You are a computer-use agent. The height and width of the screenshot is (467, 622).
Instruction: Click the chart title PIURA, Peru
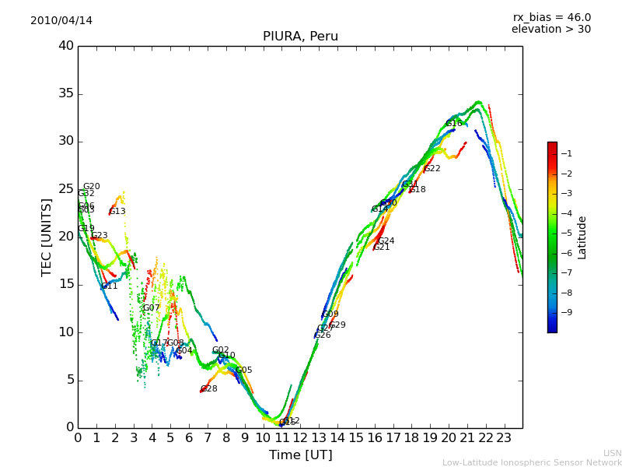click(x=300, y=37)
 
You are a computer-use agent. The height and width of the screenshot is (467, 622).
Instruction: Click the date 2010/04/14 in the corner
click(x=61, y=20)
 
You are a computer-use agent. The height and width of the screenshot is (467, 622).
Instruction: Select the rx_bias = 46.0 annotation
click(x=551, y=17)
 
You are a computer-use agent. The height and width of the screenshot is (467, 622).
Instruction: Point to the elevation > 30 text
click(x=550, y=30)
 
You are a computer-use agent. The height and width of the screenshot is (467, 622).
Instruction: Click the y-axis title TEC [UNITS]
click(x=47, y=237)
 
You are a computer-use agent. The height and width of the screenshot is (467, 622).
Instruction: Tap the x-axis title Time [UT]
click(x=300, y=455)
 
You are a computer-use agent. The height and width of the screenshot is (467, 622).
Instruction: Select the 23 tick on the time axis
click(x=504, y=437)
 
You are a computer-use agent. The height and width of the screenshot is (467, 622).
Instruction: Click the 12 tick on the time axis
click(x=300, y=437)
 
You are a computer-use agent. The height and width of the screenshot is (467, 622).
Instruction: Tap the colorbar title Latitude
click(x=582, y=237)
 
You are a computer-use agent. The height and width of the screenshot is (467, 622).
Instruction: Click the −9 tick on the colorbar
click(x=566, y=312)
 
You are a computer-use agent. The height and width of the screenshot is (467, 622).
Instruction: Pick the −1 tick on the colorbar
click(x=566, y=153)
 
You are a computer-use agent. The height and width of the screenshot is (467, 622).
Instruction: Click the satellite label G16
click(x=454, y=123)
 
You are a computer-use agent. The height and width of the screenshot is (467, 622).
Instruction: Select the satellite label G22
click(x=432, y=168)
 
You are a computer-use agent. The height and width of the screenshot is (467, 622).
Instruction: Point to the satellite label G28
click(x=209, y=388)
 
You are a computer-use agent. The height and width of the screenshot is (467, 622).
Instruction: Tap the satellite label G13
click(x=117, y=211)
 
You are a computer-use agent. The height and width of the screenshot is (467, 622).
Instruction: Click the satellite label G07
click(x=151, y=307)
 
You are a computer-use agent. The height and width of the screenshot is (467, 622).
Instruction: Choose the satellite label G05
click(x=244, y=370)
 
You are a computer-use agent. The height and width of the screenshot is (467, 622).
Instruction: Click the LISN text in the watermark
click(x=612, y=453)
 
